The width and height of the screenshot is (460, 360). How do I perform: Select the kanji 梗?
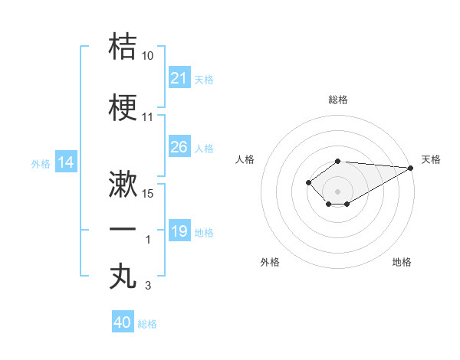(x=123, y=107)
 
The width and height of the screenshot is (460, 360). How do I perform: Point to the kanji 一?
(x=123, y=229)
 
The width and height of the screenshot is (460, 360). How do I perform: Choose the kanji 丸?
(x=123, y=275)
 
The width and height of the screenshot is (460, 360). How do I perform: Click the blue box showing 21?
(x=179, y=77)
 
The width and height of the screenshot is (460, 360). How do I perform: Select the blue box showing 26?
(x=179, y=147)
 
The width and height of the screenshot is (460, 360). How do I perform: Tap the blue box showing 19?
(x=179, y=231)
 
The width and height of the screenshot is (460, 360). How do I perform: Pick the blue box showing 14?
(x=66, y=162)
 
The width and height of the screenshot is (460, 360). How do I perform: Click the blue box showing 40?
(x=123, y=322)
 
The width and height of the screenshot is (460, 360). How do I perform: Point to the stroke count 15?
(x=149, y=194)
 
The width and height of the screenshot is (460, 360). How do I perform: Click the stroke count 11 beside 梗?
(x=148, y=118)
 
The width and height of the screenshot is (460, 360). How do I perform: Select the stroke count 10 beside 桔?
(x=147, y=56)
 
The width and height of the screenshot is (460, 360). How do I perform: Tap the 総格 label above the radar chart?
(x=338, y=100)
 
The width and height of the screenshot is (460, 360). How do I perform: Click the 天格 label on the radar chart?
(x=431, y=159)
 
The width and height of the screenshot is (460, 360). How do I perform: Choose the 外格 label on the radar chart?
(x=270, y=262)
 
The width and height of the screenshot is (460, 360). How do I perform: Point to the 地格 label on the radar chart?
(x=402, y=262)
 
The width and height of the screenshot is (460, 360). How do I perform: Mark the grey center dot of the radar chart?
(x=337, y=191)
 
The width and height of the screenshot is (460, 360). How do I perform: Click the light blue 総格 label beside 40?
(x=147, y=324)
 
